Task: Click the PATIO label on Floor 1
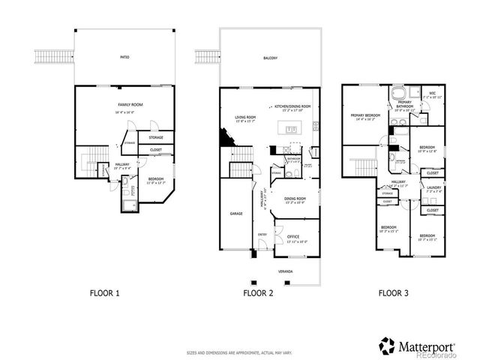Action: click(124, 56)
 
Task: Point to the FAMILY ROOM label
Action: click(130, 106)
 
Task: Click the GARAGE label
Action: click(236, 214)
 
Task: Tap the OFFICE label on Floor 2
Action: click(293, 238)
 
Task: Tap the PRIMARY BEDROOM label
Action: click(364, 116)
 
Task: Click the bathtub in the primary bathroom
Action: click(398, 94)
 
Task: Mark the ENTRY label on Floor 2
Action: click(262, 234)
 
